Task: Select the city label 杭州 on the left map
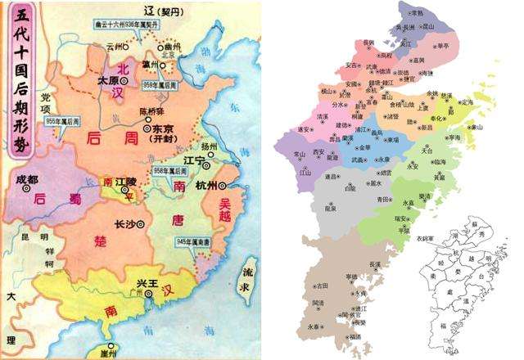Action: pyautogui.click(x=210, y=186)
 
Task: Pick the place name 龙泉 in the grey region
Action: pyautogui.click(x=331, y=209)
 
